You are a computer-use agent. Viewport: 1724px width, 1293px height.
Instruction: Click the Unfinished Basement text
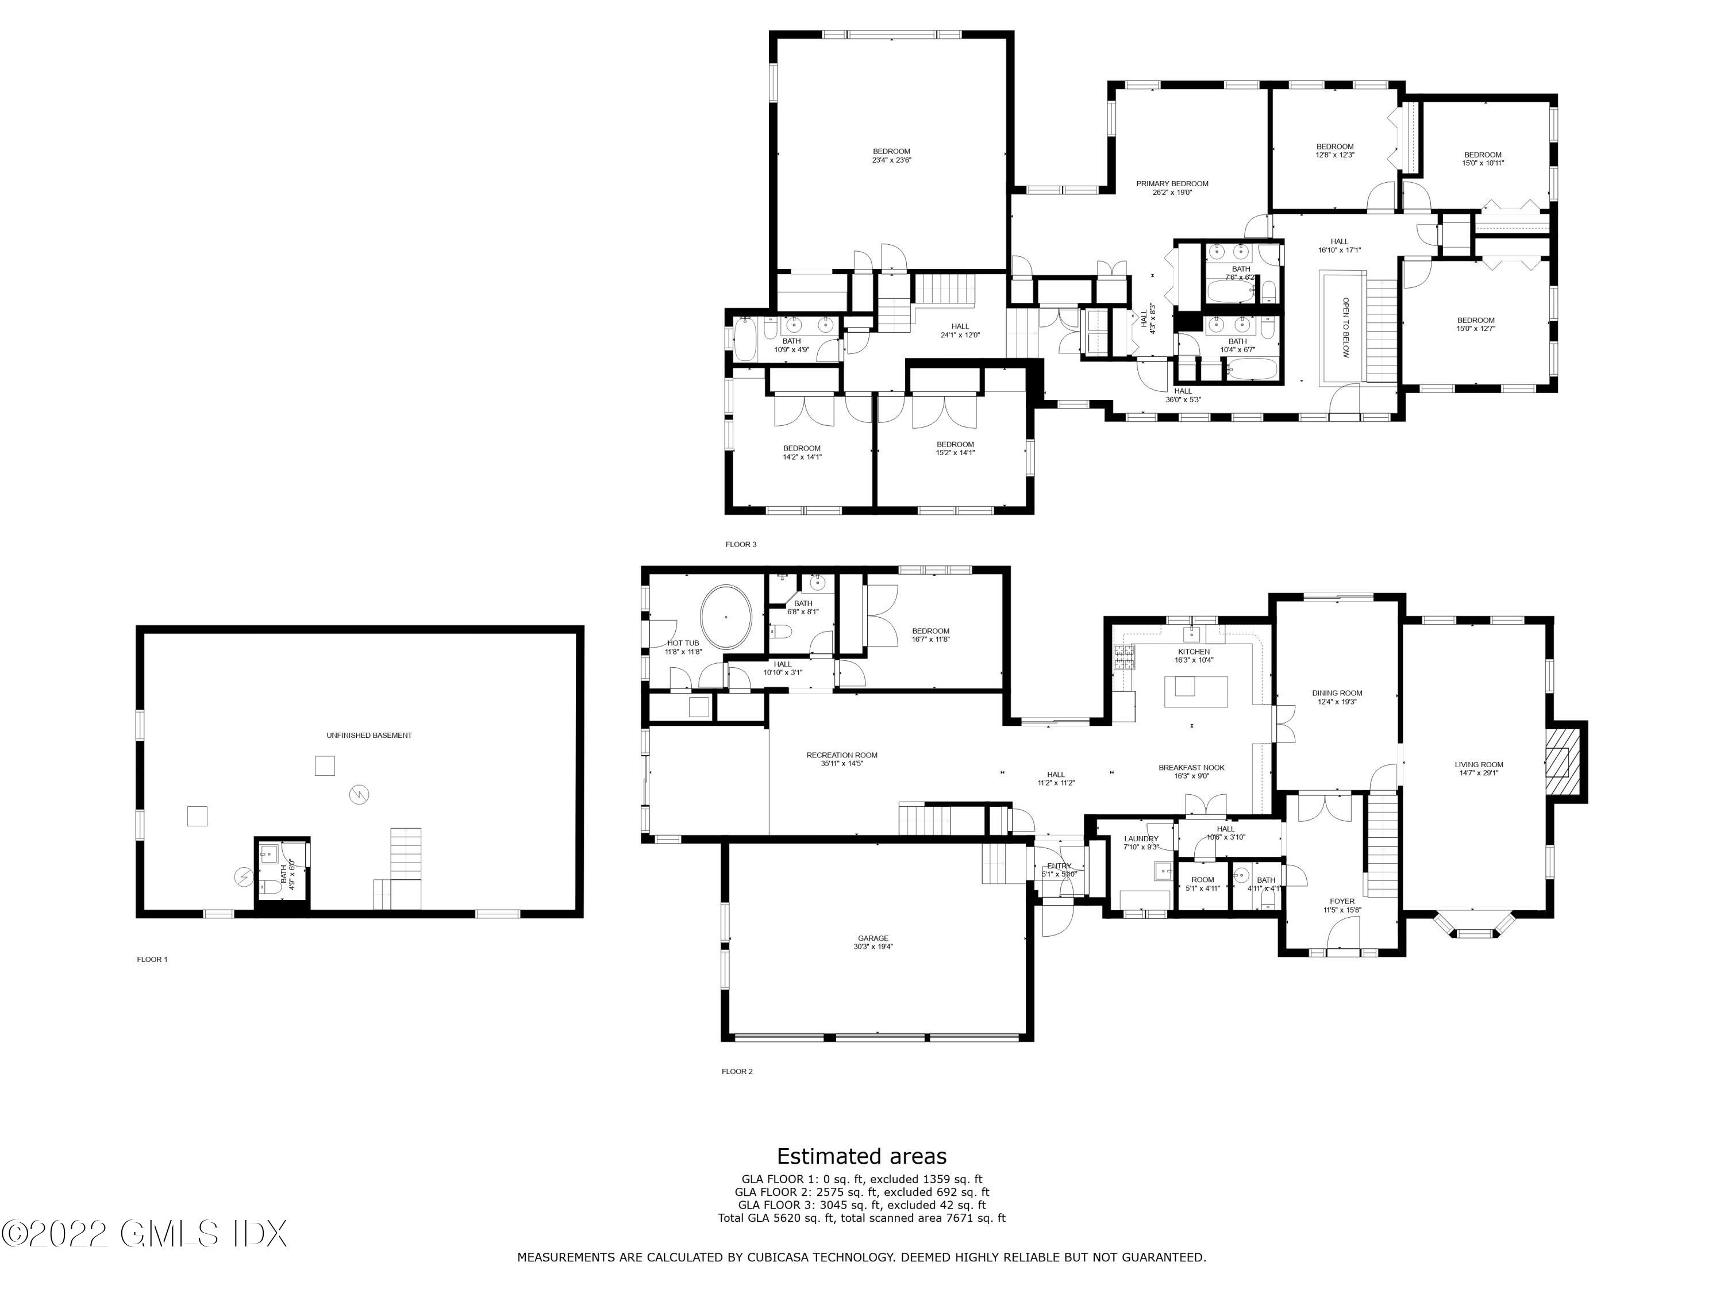point(369,735)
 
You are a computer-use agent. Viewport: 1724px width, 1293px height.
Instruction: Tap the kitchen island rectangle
point(1195,691)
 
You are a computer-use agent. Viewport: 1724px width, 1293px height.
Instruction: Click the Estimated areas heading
point(861,1155)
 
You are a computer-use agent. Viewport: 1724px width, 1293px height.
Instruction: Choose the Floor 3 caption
point(740,544)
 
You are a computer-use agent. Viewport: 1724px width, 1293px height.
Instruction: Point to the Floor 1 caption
point(152,960)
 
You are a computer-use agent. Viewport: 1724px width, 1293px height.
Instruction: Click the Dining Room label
point(1337,696)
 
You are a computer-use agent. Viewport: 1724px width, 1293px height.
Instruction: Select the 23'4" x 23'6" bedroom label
point(891,155)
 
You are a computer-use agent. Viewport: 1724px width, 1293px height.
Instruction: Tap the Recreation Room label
point(842,759)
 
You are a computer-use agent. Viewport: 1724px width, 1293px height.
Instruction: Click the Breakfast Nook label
point(1191,771)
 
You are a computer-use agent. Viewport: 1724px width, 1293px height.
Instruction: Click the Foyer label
point(1341,905)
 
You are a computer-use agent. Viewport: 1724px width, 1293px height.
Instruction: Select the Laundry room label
point(1141,842)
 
